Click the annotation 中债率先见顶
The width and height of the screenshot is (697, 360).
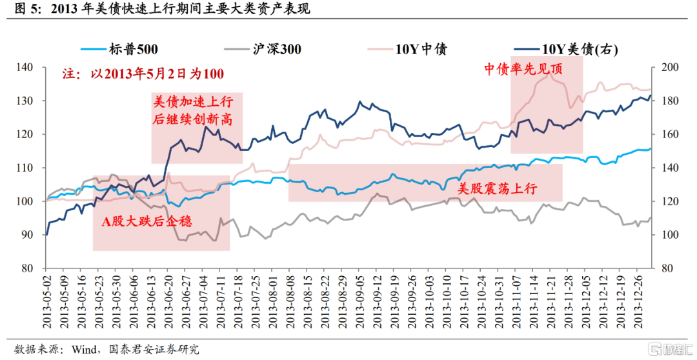click(x=523, y=69)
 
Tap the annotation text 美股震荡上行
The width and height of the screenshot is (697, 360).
click(x=497, y=189)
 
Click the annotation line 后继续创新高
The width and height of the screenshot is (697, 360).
click(x=192, y=120)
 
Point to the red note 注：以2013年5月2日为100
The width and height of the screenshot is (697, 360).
click(x=143, y=74)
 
